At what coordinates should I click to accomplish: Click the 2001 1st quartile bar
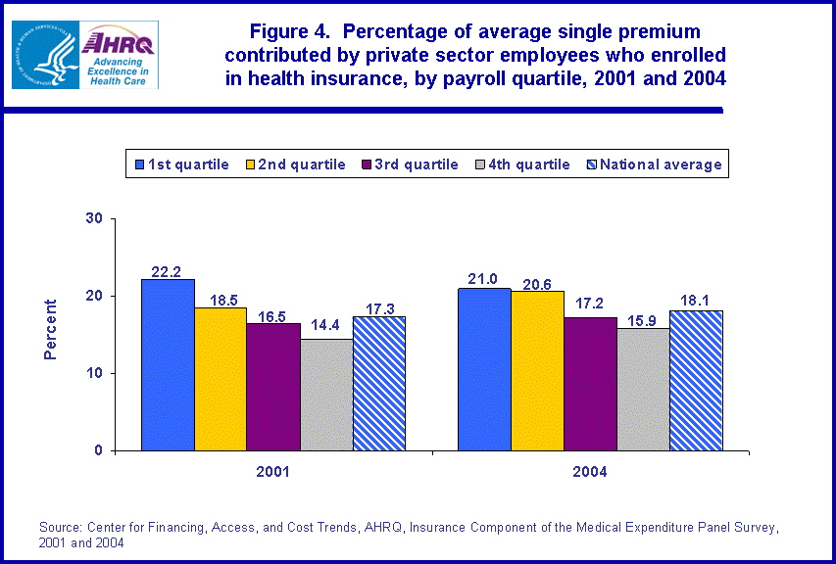[167, 365]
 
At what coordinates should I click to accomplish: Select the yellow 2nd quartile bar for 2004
[537, 370]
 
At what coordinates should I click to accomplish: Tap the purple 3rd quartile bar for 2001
[272, 387]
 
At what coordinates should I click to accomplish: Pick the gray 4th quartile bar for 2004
[643, 390]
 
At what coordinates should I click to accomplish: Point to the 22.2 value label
[167, 270]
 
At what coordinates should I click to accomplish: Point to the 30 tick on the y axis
[94, 218]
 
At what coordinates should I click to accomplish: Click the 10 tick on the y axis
[94, 373]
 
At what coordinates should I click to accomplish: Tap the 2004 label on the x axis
[590, 471]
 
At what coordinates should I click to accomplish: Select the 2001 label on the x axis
[272, 471]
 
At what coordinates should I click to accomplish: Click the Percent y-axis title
[51, 330]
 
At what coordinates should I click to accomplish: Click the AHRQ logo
[119, 56]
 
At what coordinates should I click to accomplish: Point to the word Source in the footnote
[59, 528]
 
